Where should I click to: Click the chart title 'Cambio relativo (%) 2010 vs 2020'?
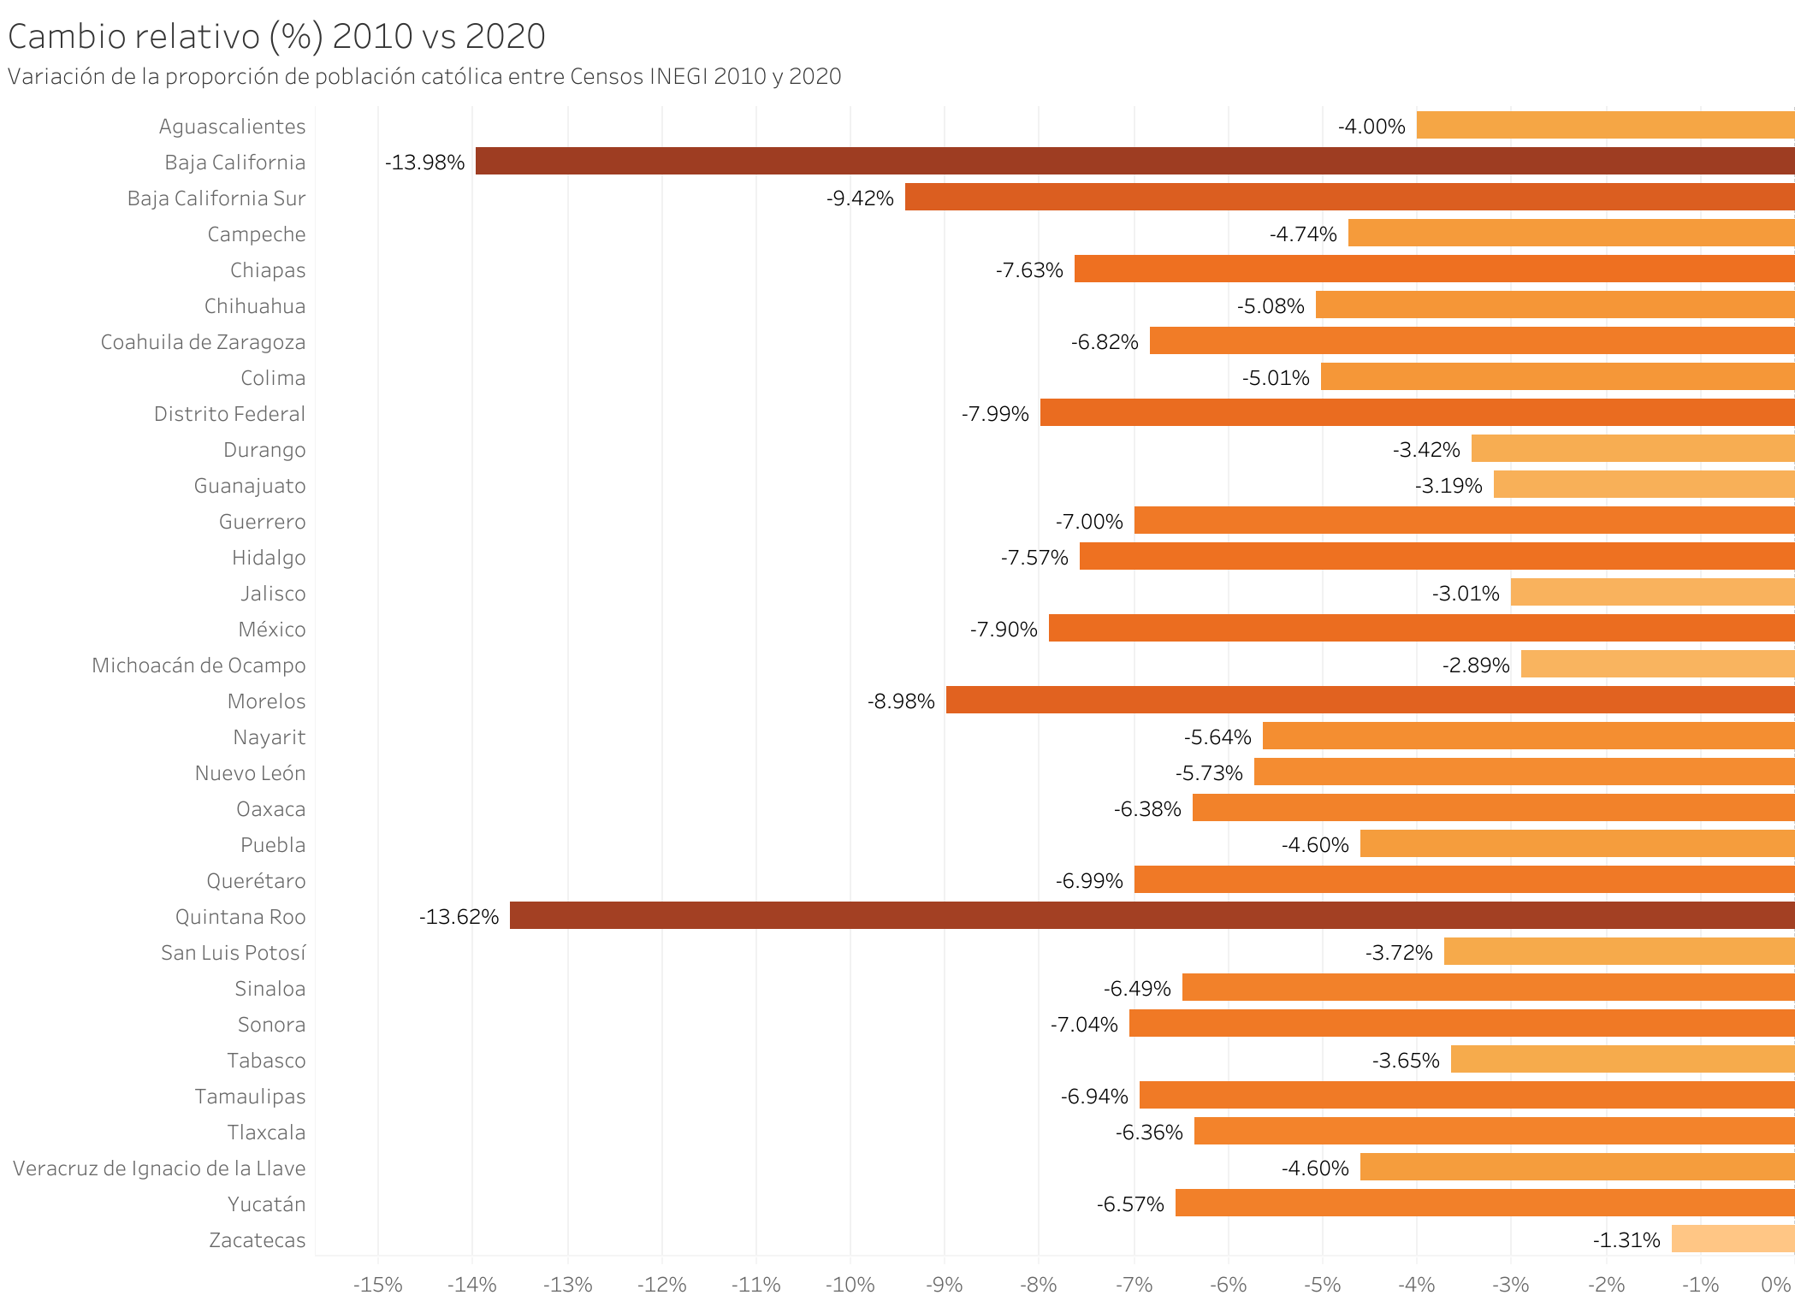click(x=276, y=37)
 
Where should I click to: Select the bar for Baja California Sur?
click(x=1349, y=198)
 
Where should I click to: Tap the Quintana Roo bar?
click(x=1152, y=916)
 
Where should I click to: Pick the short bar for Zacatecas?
click(x=1733, y=1239)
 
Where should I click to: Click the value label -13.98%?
click(x=425, y=163)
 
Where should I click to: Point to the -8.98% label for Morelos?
click(x=901, y=701)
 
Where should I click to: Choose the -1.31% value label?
click(x=1626, y=1240)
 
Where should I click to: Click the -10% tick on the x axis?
click(x=850, y=1285)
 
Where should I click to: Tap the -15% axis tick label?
click(x=377, y=1285)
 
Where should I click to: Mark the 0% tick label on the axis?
click(x=1776, y=1285)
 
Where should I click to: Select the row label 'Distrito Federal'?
click(x=229, y=414)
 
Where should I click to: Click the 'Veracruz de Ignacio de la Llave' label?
click(x=159, y=1168)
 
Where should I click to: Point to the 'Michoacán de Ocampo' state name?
click(x=198, y=665)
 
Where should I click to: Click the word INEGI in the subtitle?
click(x=678, y=77)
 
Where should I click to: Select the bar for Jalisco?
click(x=1652, y=593)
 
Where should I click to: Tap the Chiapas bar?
click(x=1434, y=269)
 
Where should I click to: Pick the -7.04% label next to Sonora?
click(x=1084, y=1025)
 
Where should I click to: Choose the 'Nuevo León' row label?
click(x=250, y=773)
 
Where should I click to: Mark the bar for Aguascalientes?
click(x=1605, y=126)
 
